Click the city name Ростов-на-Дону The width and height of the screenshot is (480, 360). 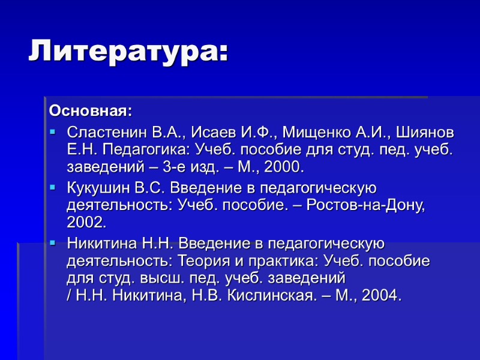pyautogui.click(x=365, y=206)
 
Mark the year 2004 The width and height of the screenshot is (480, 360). pyautogui.click(x=380, y=296)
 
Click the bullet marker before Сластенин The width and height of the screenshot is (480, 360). pyautogui.click(x=52, y=131)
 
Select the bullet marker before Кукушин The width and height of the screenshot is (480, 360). pyautogui.click(x=52, y=188)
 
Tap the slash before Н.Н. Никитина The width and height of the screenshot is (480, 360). pyautogui.click(x=70, y=296)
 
